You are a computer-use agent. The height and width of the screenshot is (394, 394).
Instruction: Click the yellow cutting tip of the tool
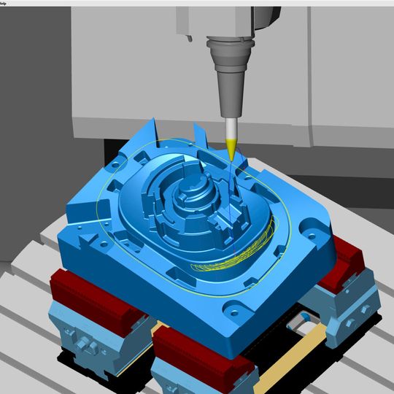[231, 151]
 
